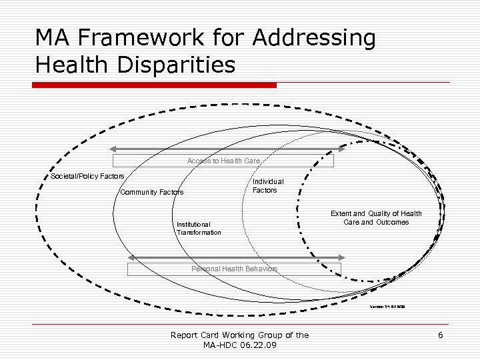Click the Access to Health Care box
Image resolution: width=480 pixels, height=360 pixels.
click(x=223, y=161)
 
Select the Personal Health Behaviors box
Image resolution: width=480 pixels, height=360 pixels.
click(x=234, y=269)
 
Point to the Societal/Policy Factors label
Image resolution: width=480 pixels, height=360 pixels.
click(x=87, y=176)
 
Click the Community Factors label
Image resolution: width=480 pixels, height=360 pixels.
click(x=151, y=193)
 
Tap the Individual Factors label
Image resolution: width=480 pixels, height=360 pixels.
click(x=268, y=186)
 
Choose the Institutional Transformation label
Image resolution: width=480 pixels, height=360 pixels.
click(x=199, y=229)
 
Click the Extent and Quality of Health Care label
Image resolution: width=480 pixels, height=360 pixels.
click(x=376, y=218)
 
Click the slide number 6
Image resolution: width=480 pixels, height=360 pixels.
click(x=441, y=335)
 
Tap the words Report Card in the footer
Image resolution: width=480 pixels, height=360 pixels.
click(x=195, y=335)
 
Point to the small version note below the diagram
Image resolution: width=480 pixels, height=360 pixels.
click(x=387, y=307)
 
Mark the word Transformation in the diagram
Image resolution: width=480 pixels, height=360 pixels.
click(x=199, y=233)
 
